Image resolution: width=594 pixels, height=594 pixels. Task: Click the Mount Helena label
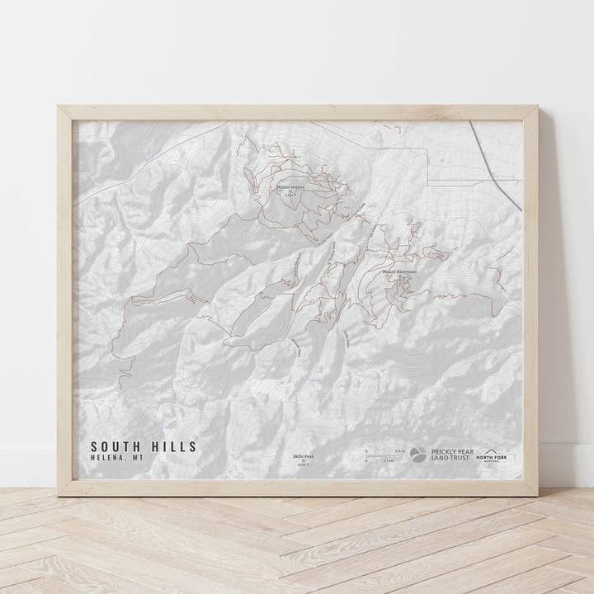pos(290,187)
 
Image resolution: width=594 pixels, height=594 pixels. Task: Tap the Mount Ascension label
pos(399,271)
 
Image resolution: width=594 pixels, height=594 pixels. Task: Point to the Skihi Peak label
pos(303,455)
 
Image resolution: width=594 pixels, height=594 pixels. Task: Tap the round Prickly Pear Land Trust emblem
pos(418,455)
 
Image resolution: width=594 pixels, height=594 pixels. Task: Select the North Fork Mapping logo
pos(495,455)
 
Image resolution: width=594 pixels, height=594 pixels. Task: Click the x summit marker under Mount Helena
pos(290,192)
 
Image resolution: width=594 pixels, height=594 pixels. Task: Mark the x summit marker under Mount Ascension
pos(399,276)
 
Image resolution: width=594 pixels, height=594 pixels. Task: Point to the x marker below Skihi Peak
pos(303,460)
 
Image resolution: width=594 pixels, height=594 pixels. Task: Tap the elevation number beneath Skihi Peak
pos(303,464)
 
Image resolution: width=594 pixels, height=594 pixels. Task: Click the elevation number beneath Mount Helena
pos(290,196)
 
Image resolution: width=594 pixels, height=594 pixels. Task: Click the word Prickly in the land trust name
pos(443,451)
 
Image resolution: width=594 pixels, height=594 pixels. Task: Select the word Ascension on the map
pos(405,271)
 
